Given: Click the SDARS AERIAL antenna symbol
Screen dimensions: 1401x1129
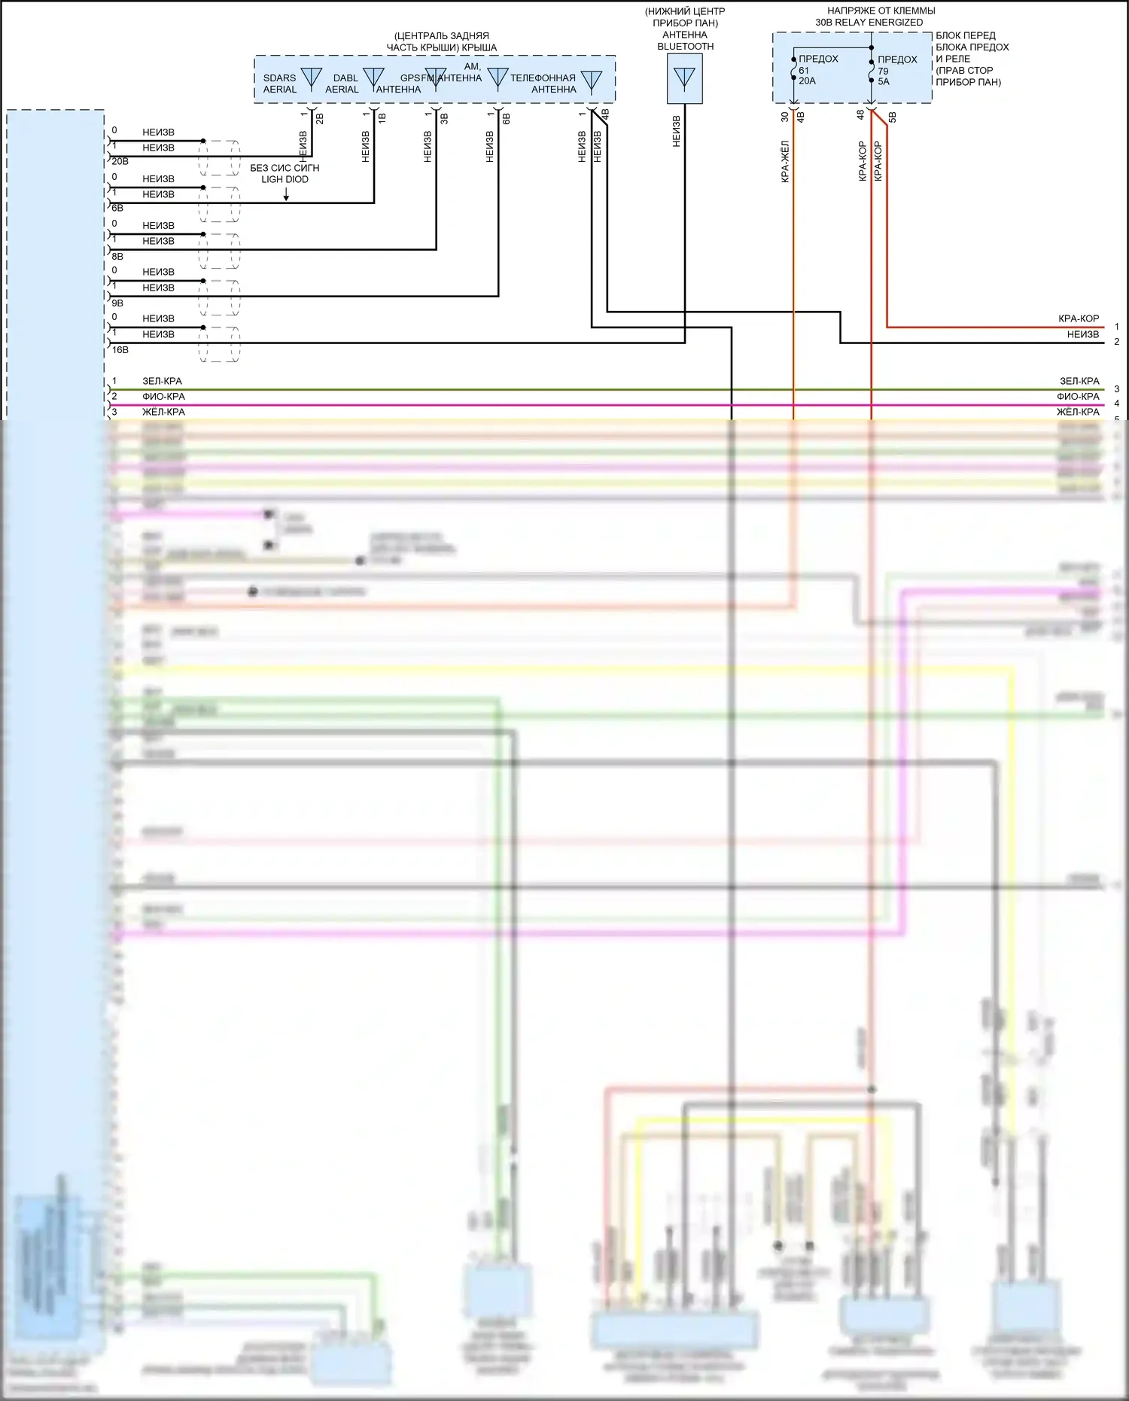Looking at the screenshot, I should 311,78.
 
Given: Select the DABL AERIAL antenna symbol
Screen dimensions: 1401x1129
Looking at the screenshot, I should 373,78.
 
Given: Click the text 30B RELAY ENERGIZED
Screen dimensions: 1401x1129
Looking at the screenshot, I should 869,23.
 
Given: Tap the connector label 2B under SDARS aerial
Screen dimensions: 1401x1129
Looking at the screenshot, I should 319,118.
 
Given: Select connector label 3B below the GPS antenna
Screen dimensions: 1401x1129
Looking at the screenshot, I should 444,118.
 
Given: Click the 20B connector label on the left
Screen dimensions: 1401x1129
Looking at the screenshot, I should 120,161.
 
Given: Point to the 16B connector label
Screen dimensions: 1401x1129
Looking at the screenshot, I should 120,350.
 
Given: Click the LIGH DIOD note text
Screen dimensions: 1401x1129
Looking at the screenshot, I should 285,179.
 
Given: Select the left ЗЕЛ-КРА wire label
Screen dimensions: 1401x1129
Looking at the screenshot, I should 162,381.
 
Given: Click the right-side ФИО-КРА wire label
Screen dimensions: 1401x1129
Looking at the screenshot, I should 1078,397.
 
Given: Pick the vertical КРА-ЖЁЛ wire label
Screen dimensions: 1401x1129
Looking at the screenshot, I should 784,161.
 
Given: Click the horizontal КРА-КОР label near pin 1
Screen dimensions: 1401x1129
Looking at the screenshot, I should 1078,319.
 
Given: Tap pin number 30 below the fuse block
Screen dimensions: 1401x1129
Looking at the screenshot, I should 784,117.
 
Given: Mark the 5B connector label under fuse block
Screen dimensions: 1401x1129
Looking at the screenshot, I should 893,117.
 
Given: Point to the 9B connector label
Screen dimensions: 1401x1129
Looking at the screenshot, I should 117,303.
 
